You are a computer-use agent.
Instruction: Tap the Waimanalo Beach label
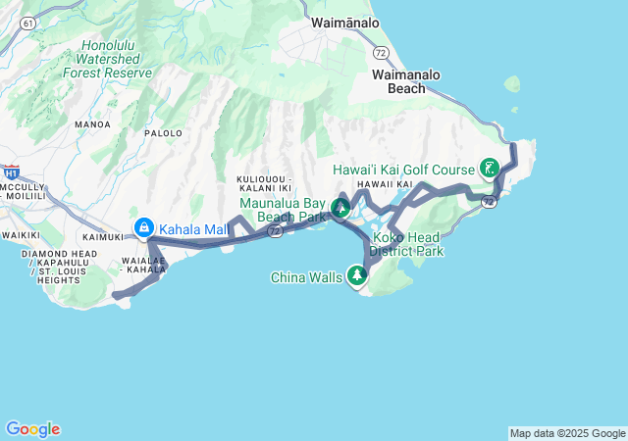pyautogui.click(x=406, y=81)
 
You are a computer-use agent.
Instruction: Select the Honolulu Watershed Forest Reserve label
pyautogui.click(x=107, y=59)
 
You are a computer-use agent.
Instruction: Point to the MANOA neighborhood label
pyautogui.click(x=92, y=124)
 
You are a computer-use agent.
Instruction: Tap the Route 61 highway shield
pyautogui.click(x=26, y=21)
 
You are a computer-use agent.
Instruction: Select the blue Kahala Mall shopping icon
pyautogui.click(x=143, y=228)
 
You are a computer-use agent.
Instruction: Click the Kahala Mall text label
pyautogui.click(x=193, y=229)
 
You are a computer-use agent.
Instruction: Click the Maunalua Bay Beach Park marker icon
pyautogui.click(x=340, y=208)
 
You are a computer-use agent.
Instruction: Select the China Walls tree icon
pyautogui.click(x=357, y=277)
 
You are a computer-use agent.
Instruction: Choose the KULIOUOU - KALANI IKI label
pyautogui.click(x=265, y=183)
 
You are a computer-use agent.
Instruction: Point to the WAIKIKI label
pyautogui.click(x=19, y=235)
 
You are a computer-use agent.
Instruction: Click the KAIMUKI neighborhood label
pyautogui.click(x=103, y=236)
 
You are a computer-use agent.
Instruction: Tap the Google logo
pyautogui.click(x=32, y=429)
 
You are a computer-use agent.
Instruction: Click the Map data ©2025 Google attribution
pyautogui.click(x=567, y=433)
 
